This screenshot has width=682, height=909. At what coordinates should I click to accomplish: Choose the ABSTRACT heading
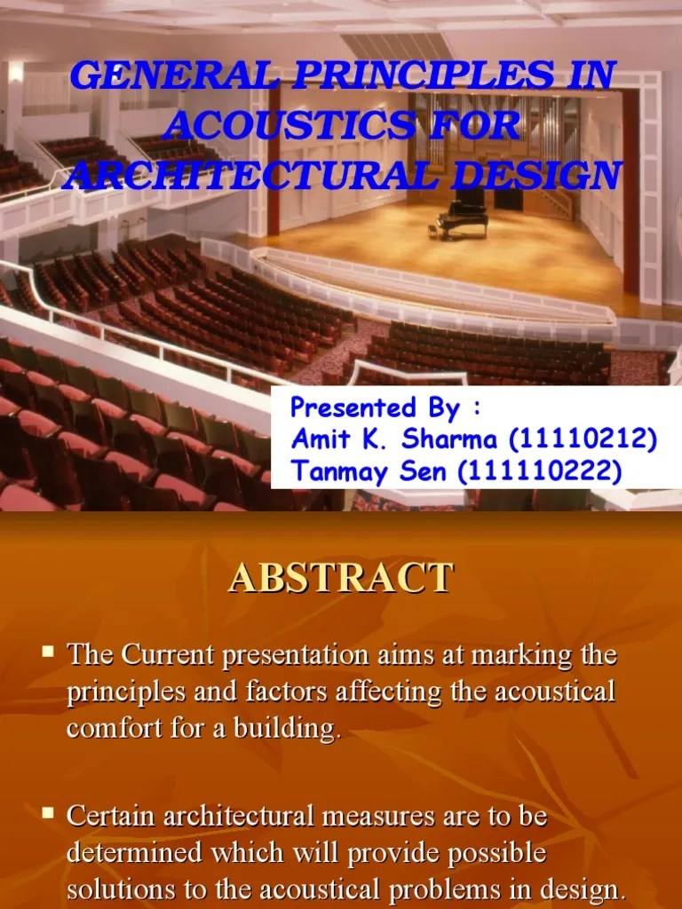[x=341, y=578]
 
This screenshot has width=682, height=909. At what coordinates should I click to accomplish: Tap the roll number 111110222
[x=538, y=470]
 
